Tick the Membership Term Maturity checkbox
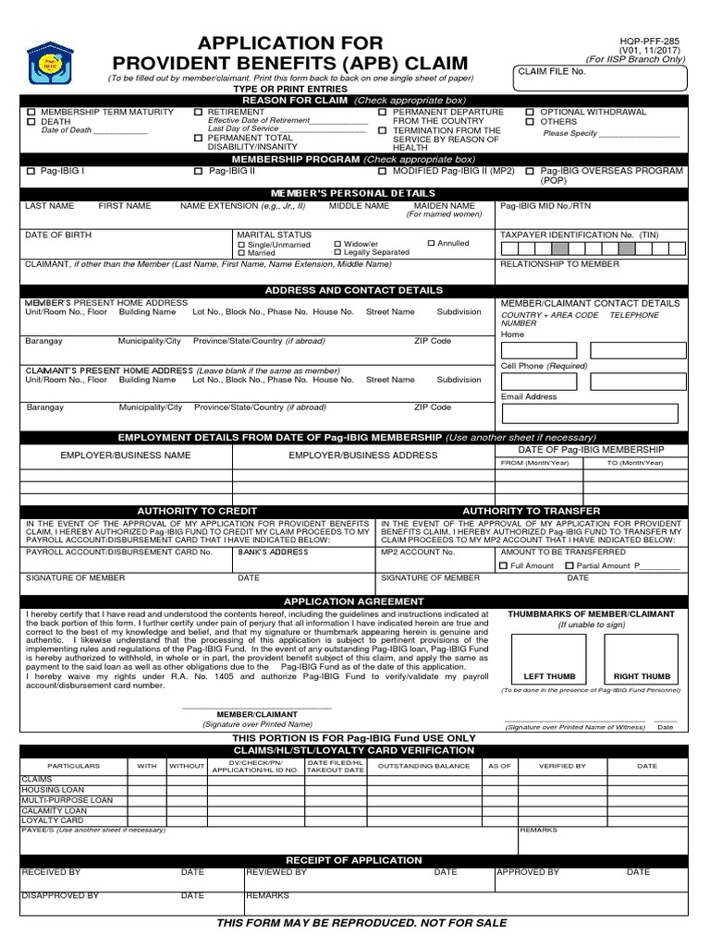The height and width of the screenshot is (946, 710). [x=31, y=113]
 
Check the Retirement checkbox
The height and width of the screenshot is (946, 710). [x=199, y=113]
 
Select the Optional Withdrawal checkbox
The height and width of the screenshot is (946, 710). [x=530, y=112]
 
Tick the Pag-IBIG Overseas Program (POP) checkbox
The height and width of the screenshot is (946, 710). [x=530, y=172]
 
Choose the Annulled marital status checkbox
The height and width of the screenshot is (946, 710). [x=431, y=244]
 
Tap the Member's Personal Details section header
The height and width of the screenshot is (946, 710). [x=355, y=193]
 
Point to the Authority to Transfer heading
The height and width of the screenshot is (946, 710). [x=531, y=511]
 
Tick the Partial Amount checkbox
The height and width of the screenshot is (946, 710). [x=569, y=565]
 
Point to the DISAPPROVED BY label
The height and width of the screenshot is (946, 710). [x=60, y=895]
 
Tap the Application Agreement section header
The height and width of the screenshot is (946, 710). [x=355, y=600]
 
